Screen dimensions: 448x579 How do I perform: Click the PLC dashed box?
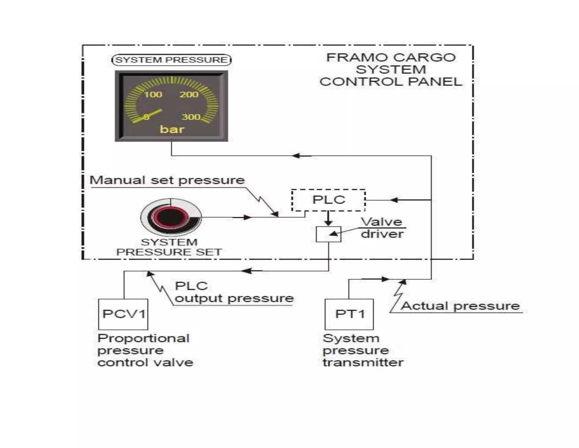click(328, 200)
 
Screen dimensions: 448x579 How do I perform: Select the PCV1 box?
click(123, 314)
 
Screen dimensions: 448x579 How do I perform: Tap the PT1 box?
click(349, 314)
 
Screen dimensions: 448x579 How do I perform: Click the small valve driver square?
click(328, 234)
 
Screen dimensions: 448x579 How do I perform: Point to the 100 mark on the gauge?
click(153, 94)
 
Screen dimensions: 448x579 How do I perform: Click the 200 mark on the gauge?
click(189, 94)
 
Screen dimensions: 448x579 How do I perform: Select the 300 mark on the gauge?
click(191, 117)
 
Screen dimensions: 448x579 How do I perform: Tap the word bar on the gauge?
click(172, 129)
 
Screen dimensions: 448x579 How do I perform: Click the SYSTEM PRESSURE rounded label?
click(171, 60)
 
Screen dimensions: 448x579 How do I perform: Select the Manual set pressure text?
click(167, 180)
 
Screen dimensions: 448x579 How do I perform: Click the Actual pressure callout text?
click(460, 306)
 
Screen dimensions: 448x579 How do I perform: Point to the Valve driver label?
click(382, 228)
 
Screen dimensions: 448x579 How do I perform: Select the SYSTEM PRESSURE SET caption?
click(169, 247)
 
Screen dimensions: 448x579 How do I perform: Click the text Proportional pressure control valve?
click(145, 350)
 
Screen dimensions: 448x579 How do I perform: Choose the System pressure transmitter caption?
click(363, 350)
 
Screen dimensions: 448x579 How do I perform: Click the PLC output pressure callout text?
click(234, 292)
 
